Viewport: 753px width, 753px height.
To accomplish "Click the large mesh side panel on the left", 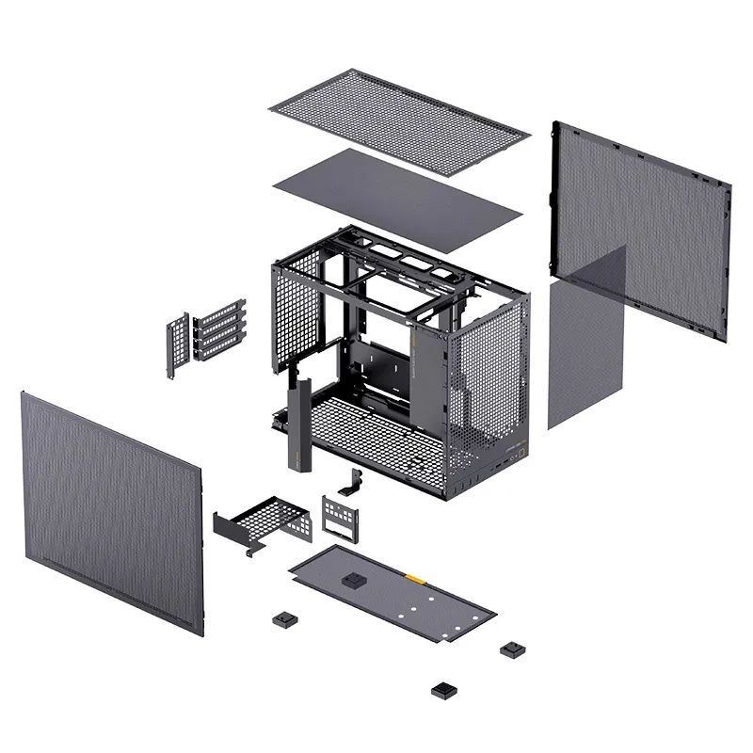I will click(113, 508).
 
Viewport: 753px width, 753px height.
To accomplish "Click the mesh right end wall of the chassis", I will click(489, 386).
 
